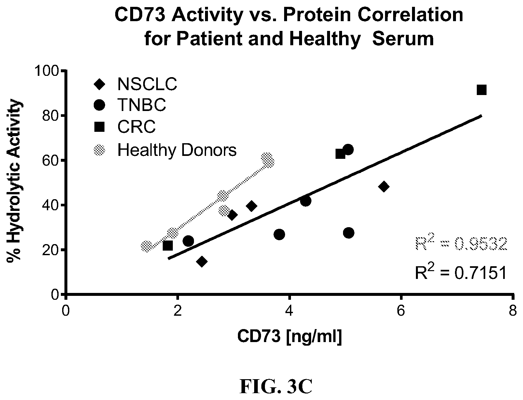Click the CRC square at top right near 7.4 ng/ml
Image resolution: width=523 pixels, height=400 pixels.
tap(482, 90)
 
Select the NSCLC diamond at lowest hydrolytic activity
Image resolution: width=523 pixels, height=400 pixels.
tap(202, 262)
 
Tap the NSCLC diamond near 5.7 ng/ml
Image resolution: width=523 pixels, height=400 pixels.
tap(384, 186)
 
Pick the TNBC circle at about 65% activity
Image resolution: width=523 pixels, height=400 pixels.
tap(348, 150)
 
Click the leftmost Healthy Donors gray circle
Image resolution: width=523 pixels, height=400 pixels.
tap(146, 246)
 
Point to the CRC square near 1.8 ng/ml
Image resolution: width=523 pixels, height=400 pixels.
tap(168, 246)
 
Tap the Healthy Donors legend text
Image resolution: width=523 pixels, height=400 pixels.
tap(177, 150)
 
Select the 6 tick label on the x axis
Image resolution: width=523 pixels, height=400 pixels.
tap(401, 311)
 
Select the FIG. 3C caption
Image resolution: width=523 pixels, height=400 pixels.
tap(276, 386)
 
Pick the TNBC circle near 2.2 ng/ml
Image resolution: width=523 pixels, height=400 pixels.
tap(188, 241)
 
